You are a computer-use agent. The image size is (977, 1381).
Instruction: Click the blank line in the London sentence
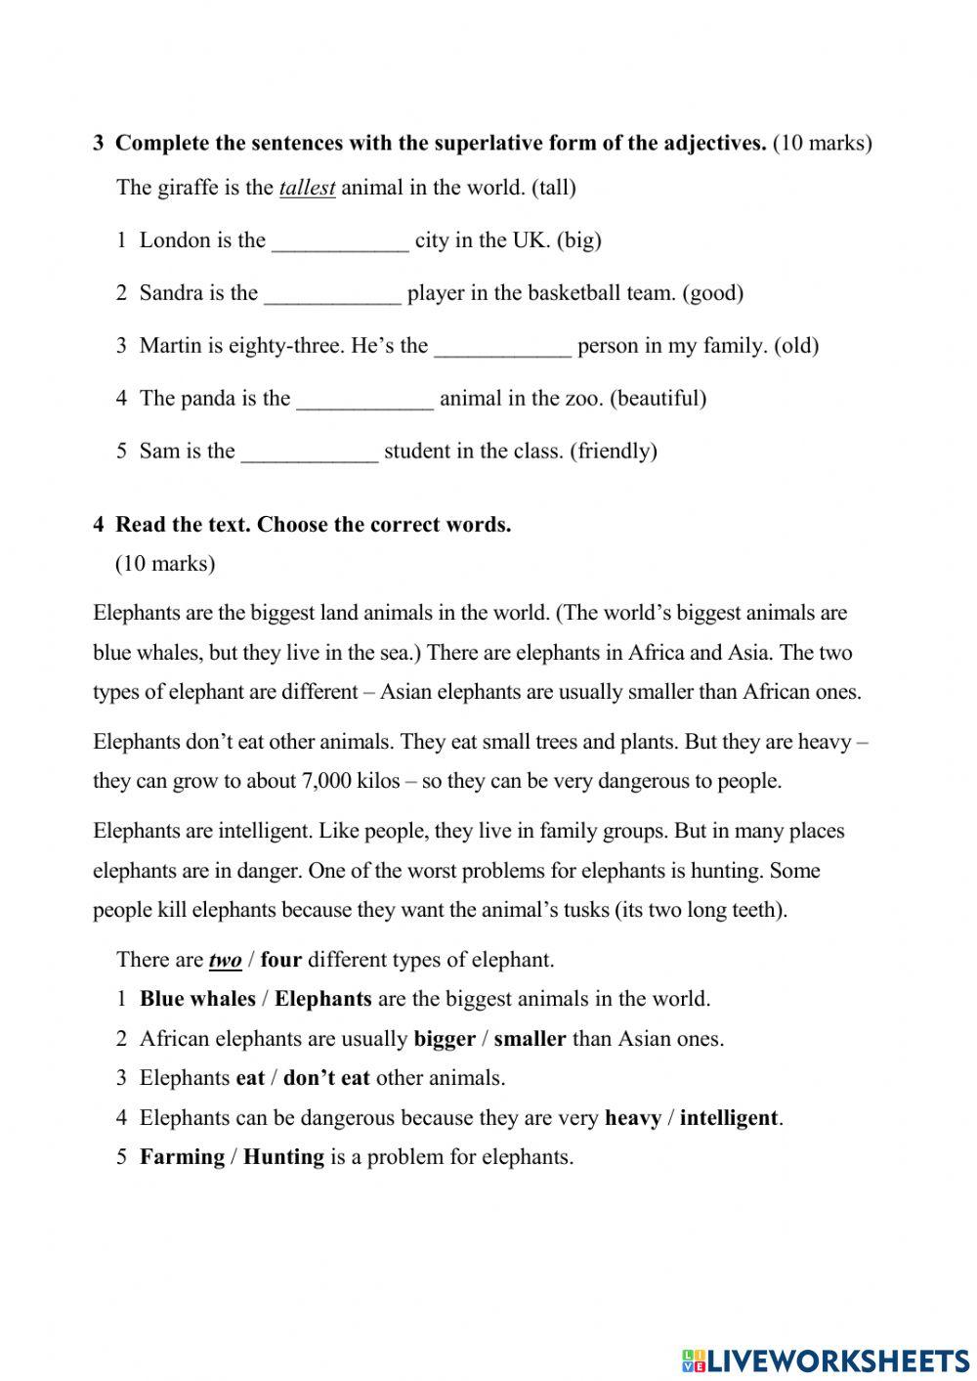tap(339, 241)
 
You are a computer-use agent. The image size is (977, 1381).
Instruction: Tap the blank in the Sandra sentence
tap(332, 294)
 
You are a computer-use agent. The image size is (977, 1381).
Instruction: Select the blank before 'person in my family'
tap(502, 347)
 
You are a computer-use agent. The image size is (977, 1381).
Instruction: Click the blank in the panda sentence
tap(363, 400)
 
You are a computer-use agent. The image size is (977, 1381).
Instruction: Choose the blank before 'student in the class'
tap(309, 453)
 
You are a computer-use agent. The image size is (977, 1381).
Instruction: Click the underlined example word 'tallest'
tap(307, 188)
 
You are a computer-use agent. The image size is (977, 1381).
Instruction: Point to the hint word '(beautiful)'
tap(660, 399)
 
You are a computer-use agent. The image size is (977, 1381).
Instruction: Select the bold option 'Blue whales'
tap(197, 999)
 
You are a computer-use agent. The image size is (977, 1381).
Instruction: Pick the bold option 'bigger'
tap(445, 1039)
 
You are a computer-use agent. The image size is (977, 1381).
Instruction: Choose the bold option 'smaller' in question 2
tap(530, 1039)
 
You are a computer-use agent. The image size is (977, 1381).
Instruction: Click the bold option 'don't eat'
tap(326, 1078)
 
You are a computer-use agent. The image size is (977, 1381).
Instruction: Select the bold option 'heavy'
tap(632, 1118)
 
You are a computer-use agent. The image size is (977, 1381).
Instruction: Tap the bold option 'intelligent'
tap(729, 1118)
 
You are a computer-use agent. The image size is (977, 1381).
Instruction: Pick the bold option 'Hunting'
tap(283, 1157)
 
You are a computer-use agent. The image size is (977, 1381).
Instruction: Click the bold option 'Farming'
tap(182, 1157)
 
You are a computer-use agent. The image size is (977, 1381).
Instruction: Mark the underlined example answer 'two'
tap(225, 961)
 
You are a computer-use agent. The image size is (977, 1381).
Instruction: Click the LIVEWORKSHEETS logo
tap(825, 1359)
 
